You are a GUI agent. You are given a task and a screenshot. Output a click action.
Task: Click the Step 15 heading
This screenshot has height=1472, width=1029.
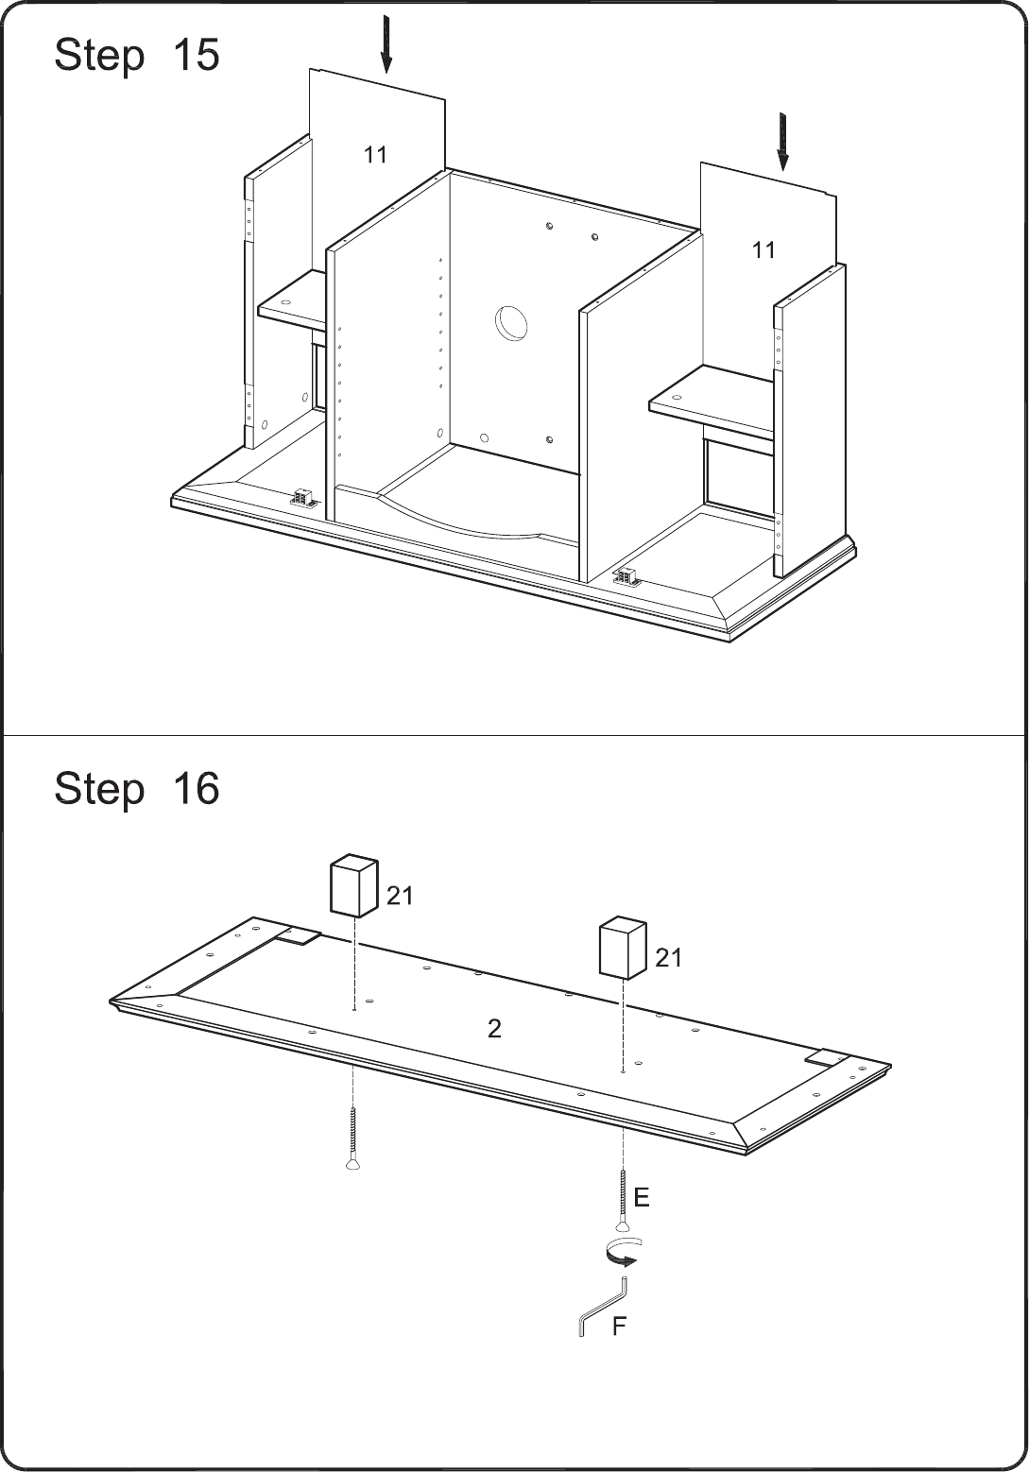137,55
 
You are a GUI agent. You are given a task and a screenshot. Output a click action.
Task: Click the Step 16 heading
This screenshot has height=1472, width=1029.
137,788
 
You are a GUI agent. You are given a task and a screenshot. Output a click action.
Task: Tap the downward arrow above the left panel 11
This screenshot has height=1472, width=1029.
387,44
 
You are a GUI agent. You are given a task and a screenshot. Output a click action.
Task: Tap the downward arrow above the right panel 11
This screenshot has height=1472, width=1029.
782,142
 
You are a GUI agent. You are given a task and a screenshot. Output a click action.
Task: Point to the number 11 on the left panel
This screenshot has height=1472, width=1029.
375,155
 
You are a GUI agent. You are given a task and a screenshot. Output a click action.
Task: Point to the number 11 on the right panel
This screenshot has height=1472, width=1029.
763,249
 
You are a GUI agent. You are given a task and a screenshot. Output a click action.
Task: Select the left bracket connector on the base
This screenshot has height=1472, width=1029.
303,500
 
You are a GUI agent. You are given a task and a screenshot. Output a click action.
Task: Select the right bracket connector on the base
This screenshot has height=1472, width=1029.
626,576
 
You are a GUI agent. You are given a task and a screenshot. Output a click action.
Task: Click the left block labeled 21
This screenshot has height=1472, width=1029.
353,885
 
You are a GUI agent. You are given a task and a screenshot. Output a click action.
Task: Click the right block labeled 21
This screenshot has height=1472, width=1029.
623,949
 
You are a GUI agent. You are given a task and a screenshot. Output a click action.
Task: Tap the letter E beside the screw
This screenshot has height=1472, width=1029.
642,1197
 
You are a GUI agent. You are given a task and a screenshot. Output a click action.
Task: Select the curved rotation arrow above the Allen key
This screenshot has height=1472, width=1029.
622,1251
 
